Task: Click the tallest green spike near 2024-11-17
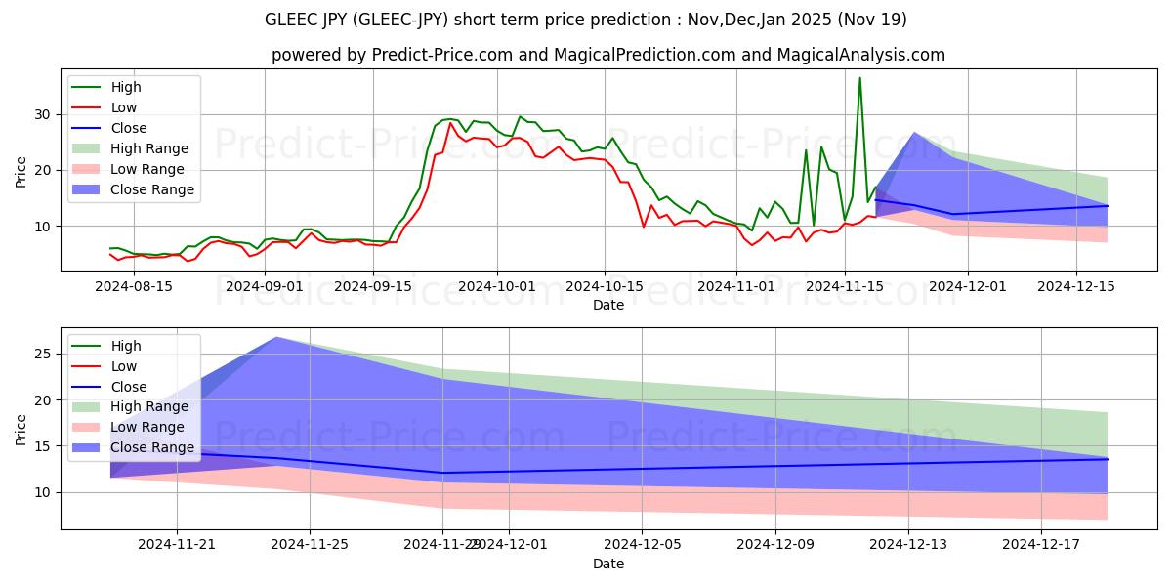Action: (x=859, y=78)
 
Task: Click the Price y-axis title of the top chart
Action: (x=21, y=170)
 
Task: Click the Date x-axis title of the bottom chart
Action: (x=608, y=564)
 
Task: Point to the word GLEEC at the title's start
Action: (x=291, y=20)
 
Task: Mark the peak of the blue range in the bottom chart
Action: (x=276, y=337)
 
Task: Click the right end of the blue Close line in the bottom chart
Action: (x=1107, y=459)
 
